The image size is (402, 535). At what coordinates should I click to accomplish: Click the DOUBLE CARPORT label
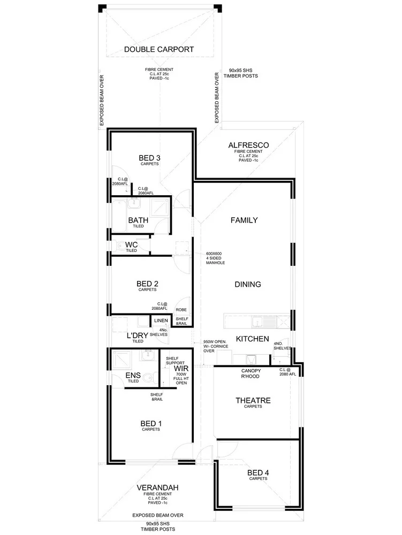pos(158,50)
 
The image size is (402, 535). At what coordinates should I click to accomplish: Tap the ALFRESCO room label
pos(248,145)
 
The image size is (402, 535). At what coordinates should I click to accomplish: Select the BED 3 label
pos(149,158)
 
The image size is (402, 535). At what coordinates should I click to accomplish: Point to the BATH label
pos(138,220)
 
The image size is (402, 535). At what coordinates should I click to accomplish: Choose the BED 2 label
pos(147,284)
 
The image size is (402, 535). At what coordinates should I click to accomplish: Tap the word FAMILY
pos(244,220)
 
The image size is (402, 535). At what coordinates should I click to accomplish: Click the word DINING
pos(247,284)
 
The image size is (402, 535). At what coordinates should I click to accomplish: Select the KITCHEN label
pos(253,339)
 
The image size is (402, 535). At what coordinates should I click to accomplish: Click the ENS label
pos(133,375)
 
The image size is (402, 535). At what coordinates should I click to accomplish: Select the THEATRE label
pos(253,400)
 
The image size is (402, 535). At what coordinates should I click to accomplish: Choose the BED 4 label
pos(258,472)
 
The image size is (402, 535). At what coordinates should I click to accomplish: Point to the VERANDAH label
pos(157,487)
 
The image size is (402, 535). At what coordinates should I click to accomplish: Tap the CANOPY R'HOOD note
pos(251,373)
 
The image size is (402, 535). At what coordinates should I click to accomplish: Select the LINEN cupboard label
pos(161,321)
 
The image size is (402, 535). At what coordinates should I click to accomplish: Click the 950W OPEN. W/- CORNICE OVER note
pos(217,346)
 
